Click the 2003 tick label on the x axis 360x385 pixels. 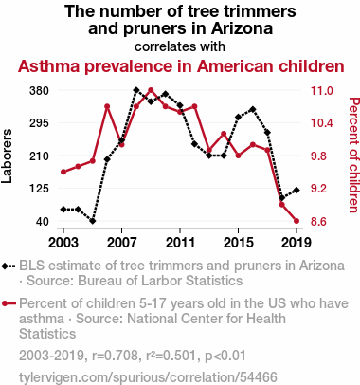pyautogui.click(x=63, y=243)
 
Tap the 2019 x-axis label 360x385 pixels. pyautogui.click(x=297, y=243)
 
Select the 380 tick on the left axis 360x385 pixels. pyautogui.click(x=39, y=91)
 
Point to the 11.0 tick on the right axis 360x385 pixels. pyautogui.click(x=322, y=91)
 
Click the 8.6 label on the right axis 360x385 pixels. pyautogui.click(x=318, y=221)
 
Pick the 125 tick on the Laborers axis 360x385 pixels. pyautogui.click(x=39, y=189)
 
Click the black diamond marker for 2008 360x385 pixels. pyautogui.click(x=136, y=90)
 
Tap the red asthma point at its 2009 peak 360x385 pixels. pyautogui.click(x=151, y=90)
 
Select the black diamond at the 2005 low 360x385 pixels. pyautogui.click(x=93, y=221)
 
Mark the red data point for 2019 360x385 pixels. pyautogui.click(x=297, y=221)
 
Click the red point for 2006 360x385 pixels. pyautogui.click(x=107, y=106)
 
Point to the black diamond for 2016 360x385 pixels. pyautogui.click(x=253, y=109)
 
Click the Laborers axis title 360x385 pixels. pyautogui.click(x=7, y=156)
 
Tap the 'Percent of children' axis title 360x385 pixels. pyautogui.click(x=353, y=155)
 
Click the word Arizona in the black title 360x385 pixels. pyautogui.click(x=242, y=28)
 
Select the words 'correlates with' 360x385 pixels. pyautogui.click(x=180, y=46)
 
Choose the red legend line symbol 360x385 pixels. pyautogui.click(x=9, y=303)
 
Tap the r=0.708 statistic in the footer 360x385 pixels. pyautogui.click(x=115, y=356)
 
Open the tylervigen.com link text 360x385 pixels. pyautogui.click(x=148, y=377)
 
